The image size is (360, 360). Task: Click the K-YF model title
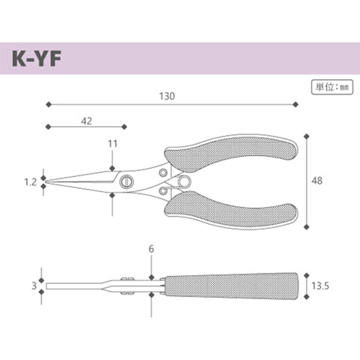tap(37, 58)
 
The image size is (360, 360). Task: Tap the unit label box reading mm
tap(332, 87)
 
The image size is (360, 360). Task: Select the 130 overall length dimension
tap(167, 96)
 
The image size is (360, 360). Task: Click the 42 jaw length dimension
tap(86, 122)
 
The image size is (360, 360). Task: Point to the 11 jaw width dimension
tap(113, 144)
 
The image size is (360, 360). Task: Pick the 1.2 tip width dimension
tap(30, 182)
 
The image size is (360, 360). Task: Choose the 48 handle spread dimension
tap(317, 181)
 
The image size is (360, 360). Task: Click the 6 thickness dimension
tap(151, 249)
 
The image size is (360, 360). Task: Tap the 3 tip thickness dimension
tap(34, 286)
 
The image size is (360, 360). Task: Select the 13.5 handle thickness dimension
tap(320, 286)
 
